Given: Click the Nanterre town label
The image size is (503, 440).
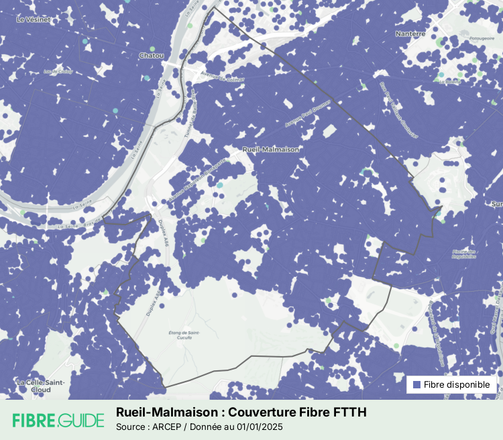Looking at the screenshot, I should [410, 34].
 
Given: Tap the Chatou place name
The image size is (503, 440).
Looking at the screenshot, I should [151, 55].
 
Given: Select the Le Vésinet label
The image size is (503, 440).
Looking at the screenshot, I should [30, 19].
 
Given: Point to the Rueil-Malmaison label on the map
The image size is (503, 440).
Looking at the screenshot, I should [271, 150].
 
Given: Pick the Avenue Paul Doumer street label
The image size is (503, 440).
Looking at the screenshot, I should [304, 115].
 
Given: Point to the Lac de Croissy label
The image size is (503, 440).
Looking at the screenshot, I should [57, 71].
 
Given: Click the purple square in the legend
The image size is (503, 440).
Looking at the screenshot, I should [416, 385].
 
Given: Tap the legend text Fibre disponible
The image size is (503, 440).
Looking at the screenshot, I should [459, 385].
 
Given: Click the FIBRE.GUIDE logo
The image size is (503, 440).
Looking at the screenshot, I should [58, 421].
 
